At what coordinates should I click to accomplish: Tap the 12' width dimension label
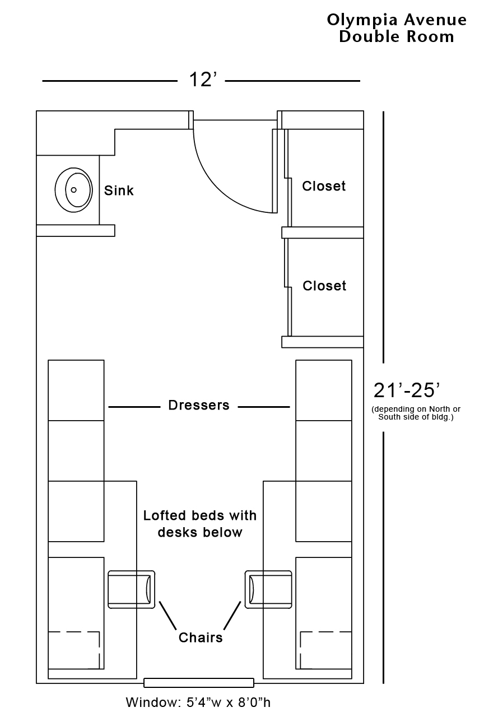click(202, 80)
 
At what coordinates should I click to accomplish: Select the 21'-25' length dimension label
click(407, 390)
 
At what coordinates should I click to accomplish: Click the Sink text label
click(119, 190)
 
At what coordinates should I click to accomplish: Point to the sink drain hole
click(73, 190)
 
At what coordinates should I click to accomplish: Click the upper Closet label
click(324, 186)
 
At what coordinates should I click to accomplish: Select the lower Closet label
click(324, 286)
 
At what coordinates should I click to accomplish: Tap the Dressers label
click(199, 405)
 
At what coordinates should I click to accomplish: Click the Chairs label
click(201, 637)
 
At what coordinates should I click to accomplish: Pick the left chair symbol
click(132, 589)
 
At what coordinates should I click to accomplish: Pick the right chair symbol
click(268, 589)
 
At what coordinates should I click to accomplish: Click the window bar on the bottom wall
click(199, 683)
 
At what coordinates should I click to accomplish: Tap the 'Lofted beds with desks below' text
click(200, 523)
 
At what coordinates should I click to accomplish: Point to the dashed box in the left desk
click(74, 650)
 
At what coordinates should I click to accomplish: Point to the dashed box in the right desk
click(325, 650)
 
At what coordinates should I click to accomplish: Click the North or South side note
click(416, 413)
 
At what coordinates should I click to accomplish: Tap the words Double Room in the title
click(396, 37)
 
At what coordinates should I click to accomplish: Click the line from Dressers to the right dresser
click(264, 406)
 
